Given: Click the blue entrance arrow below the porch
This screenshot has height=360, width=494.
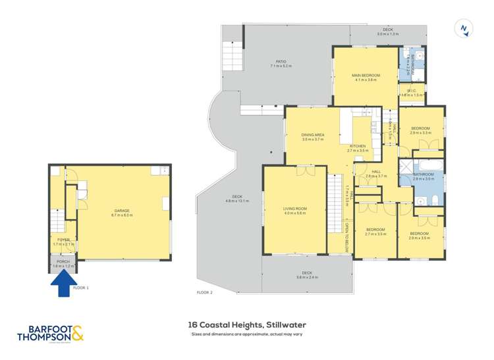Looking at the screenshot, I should (x=63, y=284).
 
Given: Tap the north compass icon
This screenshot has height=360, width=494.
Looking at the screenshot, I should (x=464, y=28).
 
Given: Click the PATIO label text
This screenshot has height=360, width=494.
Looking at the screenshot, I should (x=281, y=63).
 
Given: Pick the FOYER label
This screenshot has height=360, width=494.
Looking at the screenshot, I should (x=63, y=240).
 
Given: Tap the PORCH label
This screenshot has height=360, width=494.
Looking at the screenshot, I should (x=63, y=263).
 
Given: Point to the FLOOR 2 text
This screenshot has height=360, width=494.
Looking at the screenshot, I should (x=205, y=292).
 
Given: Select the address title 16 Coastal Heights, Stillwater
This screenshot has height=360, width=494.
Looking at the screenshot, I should (x=247, y=325).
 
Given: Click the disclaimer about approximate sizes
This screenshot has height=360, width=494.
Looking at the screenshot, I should (x=247, y=335).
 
